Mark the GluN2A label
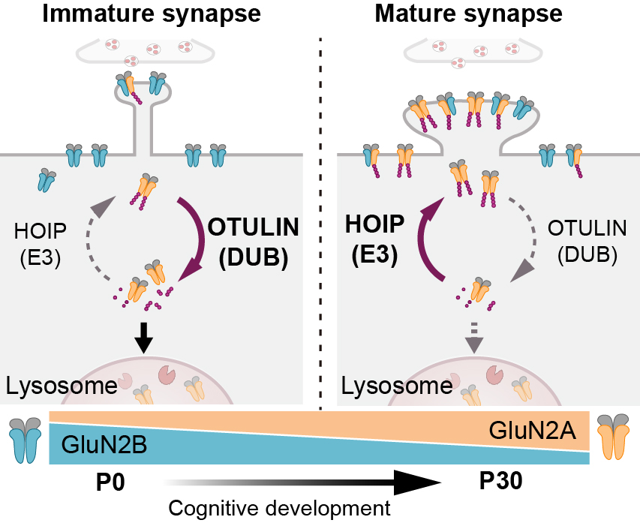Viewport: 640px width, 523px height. tap(533, 431)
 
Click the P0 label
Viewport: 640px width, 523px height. tap(111, 482)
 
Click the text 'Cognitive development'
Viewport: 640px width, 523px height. tap(279, 508)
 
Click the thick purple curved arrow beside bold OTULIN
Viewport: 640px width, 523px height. tap(197, 233)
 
